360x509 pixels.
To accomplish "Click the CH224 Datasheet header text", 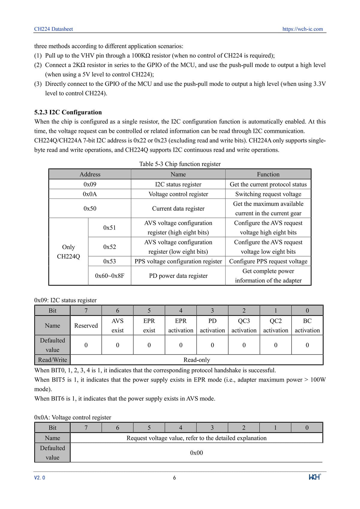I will (53, 29).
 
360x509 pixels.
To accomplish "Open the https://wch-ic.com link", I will (302, 29).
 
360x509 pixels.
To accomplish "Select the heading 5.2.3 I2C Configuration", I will (68, 112).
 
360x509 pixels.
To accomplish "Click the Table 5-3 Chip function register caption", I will (180, 164).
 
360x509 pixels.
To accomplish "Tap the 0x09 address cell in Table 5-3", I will (90, 184).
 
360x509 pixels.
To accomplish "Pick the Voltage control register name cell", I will (178, 194).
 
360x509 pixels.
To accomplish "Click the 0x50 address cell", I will (90, 208).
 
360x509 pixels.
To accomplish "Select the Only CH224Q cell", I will (68, 252).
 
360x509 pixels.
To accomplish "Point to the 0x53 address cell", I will (109, 261).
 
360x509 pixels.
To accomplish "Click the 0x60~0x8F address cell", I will (109, 276).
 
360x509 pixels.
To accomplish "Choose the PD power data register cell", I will (178, 276).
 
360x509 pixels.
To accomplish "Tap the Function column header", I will (268, 174).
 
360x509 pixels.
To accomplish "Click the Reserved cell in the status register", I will (86, 325).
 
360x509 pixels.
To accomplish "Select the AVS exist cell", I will (118, 325).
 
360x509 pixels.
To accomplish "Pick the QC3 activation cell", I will (244, 325).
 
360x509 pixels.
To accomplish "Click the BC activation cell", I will (307, 325).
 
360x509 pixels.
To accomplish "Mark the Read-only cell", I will (196, 360).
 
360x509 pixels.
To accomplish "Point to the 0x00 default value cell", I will (196, 453).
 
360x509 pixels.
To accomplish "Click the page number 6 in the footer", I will (175, 478).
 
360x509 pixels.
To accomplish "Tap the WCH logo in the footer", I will (315, 477).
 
